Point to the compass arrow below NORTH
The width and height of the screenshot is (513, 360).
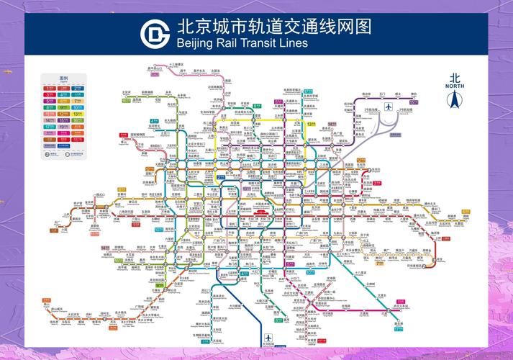455,102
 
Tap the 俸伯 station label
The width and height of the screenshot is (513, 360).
414,94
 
